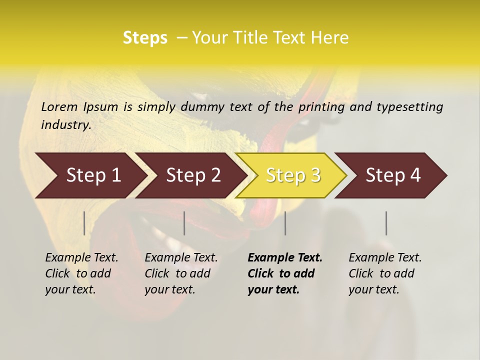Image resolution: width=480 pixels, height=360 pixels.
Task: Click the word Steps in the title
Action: (x=145, y=38)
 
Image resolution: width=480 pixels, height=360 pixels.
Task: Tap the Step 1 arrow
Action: (x=90, y=175)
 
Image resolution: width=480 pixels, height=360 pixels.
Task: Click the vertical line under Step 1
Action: (x=84, y=223)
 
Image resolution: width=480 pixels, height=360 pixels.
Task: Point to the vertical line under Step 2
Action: (x=184, y=223)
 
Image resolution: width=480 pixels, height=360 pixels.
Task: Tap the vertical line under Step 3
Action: (x=285, y=223)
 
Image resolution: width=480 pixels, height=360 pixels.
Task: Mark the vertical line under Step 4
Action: (x=386, y=223)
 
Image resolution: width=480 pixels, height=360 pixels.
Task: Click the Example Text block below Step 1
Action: (x=81, y=273)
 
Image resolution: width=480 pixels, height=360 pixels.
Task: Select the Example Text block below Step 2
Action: (x=181, y=273)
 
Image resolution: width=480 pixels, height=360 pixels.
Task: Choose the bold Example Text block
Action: (x=285, y=273)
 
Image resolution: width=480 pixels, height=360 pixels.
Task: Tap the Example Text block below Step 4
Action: (x=385, y=273)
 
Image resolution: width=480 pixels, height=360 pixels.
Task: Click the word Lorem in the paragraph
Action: (x=59, y=106)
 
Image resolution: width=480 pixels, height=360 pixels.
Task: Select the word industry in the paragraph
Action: (x=65, y=125)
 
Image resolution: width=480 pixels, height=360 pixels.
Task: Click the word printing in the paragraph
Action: (x=321, y=107)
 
